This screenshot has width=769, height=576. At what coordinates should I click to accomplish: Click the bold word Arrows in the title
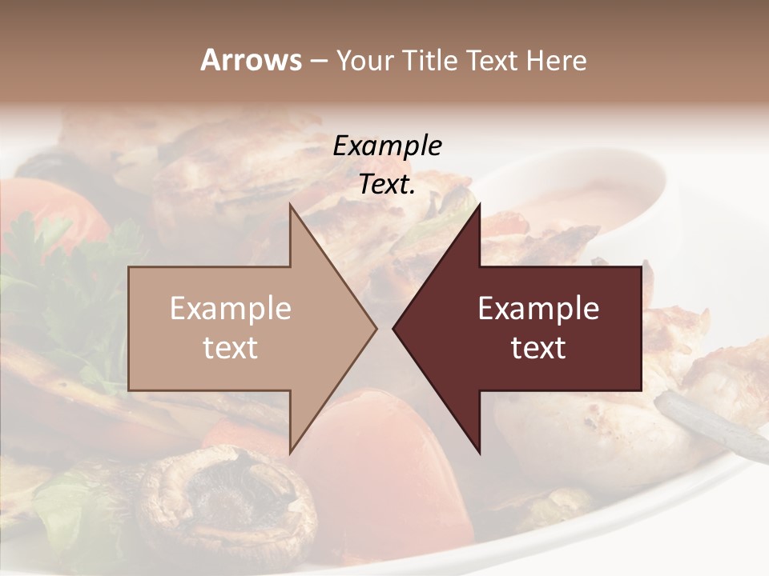tap(251, 60)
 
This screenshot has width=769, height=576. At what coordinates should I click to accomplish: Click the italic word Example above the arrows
tap(387, 146)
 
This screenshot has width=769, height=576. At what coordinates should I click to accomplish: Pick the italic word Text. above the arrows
tap(387, 185)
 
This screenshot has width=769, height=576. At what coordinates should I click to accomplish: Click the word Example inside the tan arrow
tap(231, 309)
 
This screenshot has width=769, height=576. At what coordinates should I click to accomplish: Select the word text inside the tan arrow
tap(231, 348)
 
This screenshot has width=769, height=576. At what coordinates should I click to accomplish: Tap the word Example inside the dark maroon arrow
tap(538, 309)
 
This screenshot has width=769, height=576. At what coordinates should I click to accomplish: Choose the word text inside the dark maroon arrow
tap(538, 348)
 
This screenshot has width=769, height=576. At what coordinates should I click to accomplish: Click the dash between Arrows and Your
tap(319, 61)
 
